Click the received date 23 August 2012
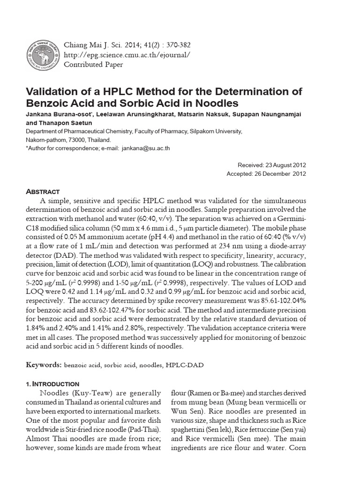[285, 165]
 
